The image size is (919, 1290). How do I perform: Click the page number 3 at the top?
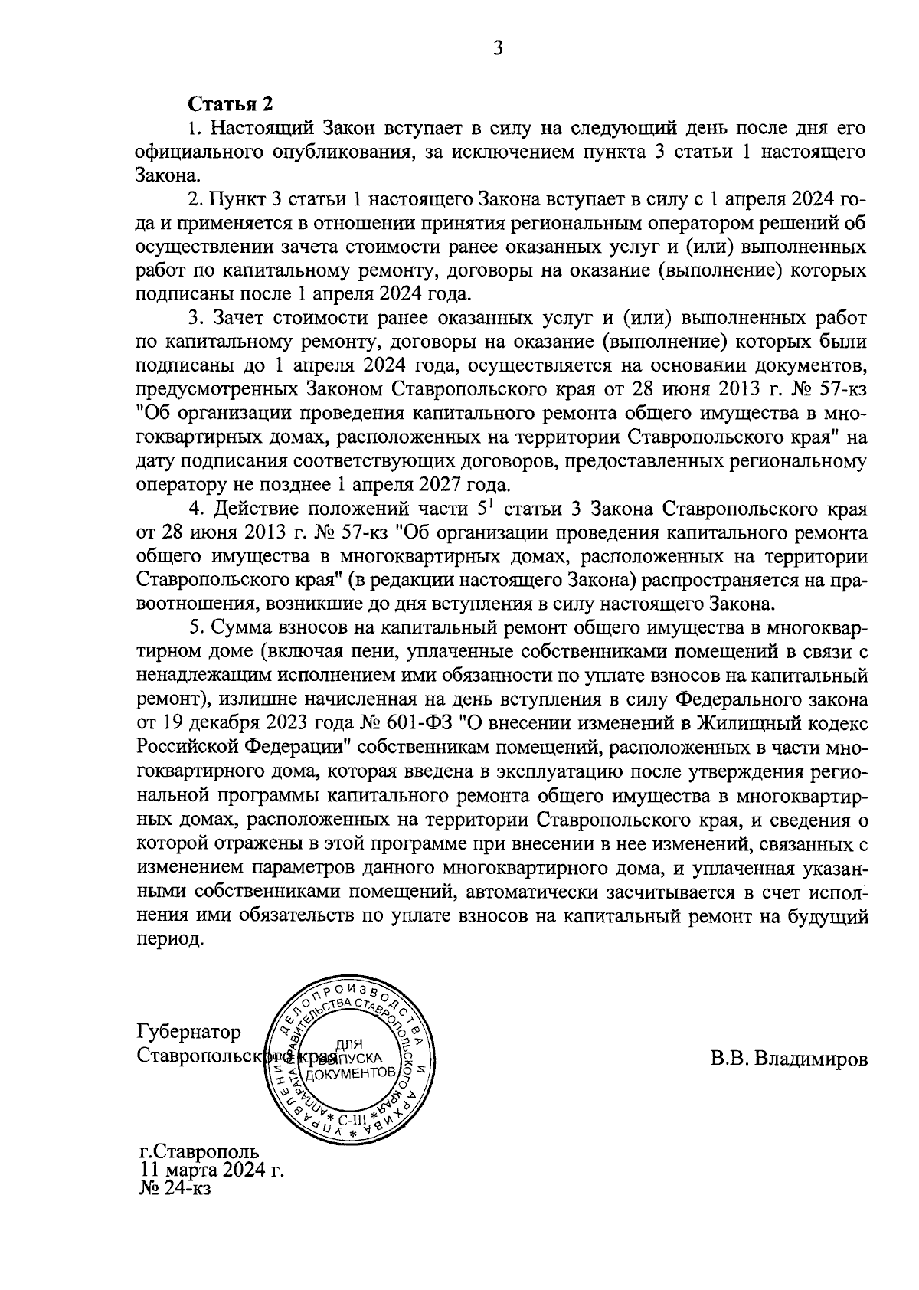tap(498, 50)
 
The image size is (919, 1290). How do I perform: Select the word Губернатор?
tap(188, 1032)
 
